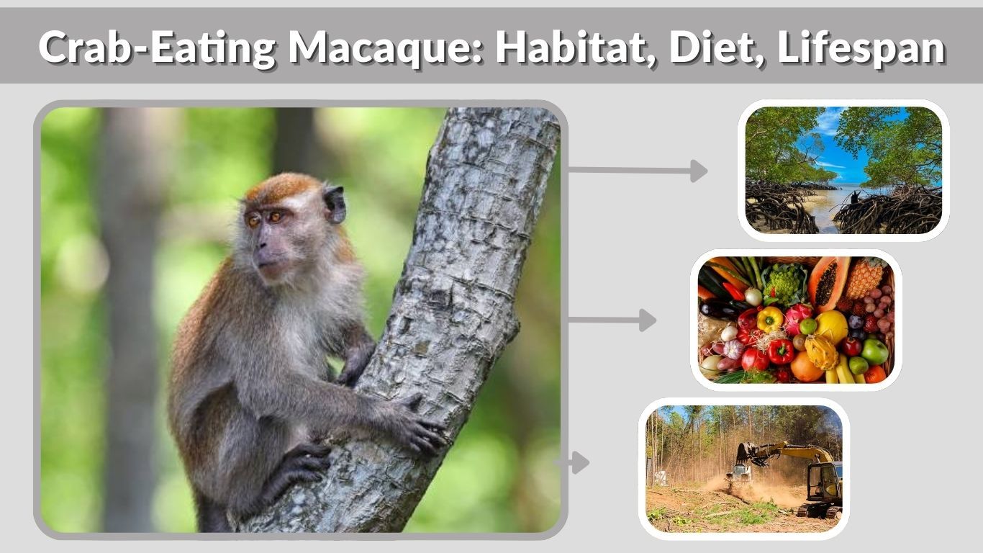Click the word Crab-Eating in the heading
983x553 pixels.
[x=157, y=48]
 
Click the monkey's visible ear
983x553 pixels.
[x=335, y=204]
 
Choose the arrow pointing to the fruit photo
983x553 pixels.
[x=612, y=320]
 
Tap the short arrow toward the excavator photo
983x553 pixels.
[x=576, y=462]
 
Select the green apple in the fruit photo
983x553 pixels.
[x=874, y=351]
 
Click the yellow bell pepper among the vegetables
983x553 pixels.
[x=769, y=318]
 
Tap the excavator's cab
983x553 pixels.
[x=824, y=480]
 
